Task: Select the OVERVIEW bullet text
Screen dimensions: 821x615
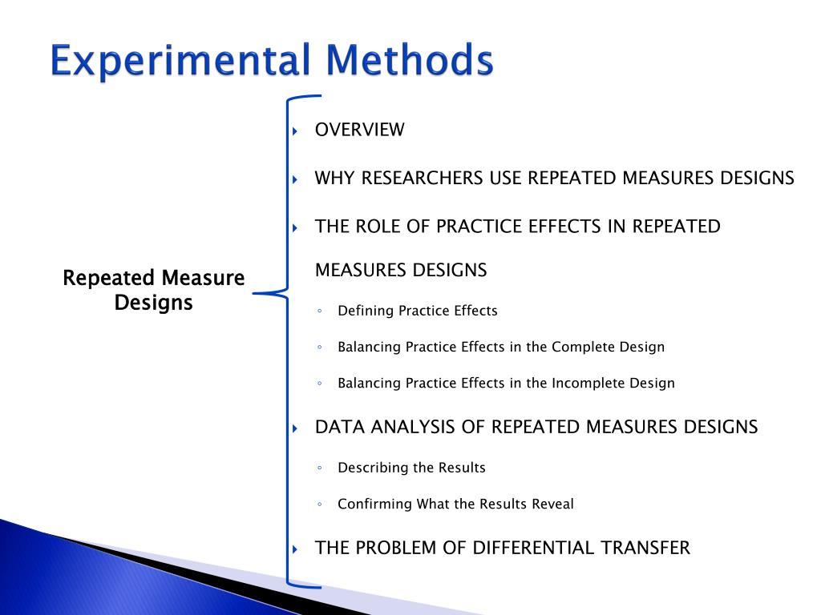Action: (359, 130)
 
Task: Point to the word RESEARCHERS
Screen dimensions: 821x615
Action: (423, 178)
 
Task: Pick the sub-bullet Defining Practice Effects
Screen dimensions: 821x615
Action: (417, 311)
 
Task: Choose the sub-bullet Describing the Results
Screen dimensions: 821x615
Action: (411, 468)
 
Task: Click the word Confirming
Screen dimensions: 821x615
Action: (374, 504)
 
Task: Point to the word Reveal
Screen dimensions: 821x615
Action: (553, 504)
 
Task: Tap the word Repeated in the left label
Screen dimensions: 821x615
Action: (108, 279)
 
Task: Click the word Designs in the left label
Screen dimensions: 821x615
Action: (153, 303)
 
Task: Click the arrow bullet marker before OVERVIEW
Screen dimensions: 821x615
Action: (295, 131)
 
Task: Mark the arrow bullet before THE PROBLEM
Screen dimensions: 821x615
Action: (295, 549)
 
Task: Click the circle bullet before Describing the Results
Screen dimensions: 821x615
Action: (320, 468)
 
